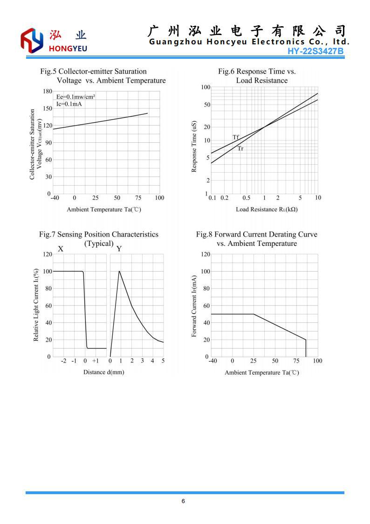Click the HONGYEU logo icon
pyautogui.click(x=32, y=40)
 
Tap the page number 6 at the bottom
pyautogui.click(x=183, y=501)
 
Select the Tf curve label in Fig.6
pyautogui.click(x=236, y=137)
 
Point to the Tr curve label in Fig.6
pyautogui.click(x=240, y=149)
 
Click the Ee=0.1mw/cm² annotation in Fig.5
pyautogui.click(x=72, y=97)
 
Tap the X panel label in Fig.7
pyautogui.click(x=61, y=249)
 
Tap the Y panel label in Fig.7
pyautogui.click(x=119, y=249)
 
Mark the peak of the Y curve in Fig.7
pyautogui.click(x=119, y=271)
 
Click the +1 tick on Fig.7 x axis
pyautogui.click(x=96, y=361)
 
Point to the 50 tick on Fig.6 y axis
pyautogui.click(x=206, y=105)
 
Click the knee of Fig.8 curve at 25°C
pyautogui.click(x=254, y=314)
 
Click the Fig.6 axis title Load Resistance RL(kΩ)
pyautogui.click(x=267, y=209)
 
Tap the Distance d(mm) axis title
pyautogui.click(x=104, y=372)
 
